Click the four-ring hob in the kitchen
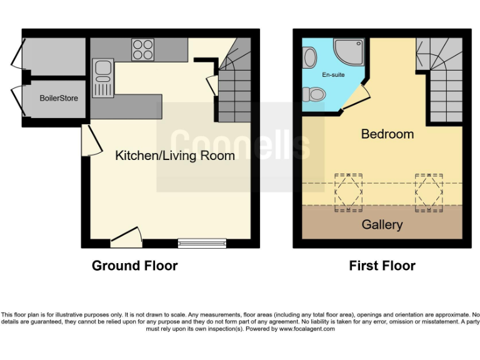coord(143,49)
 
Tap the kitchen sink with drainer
coord(102,78)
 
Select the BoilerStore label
coord(59,98)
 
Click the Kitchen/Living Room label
coord(175,156)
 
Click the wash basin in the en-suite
coord(309,57)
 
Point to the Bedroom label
coord(387,134)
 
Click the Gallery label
coord(382,224)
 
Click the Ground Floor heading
coord(134,266)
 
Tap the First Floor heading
coord(382,266)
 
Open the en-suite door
coord(354,98)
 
